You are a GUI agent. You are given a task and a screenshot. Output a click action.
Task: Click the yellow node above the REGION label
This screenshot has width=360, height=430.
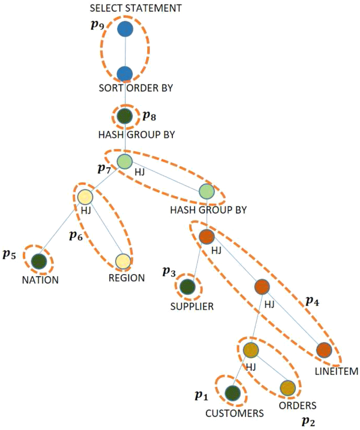[123, 260]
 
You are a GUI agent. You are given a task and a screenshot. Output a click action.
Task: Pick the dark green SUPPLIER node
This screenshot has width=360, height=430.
[187, 287]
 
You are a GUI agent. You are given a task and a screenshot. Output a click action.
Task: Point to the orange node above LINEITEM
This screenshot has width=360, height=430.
[324, 350]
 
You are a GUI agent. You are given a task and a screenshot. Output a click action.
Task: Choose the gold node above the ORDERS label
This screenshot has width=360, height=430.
[287, 388]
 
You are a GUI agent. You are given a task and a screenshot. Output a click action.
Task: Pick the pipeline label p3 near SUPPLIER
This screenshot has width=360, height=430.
[169, 272]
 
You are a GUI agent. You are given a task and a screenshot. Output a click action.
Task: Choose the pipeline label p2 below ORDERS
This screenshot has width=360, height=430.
[309, 421]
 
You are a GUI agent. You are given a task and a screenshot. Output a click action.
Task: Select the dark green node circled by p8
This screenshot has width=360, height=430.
[125, 116]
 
